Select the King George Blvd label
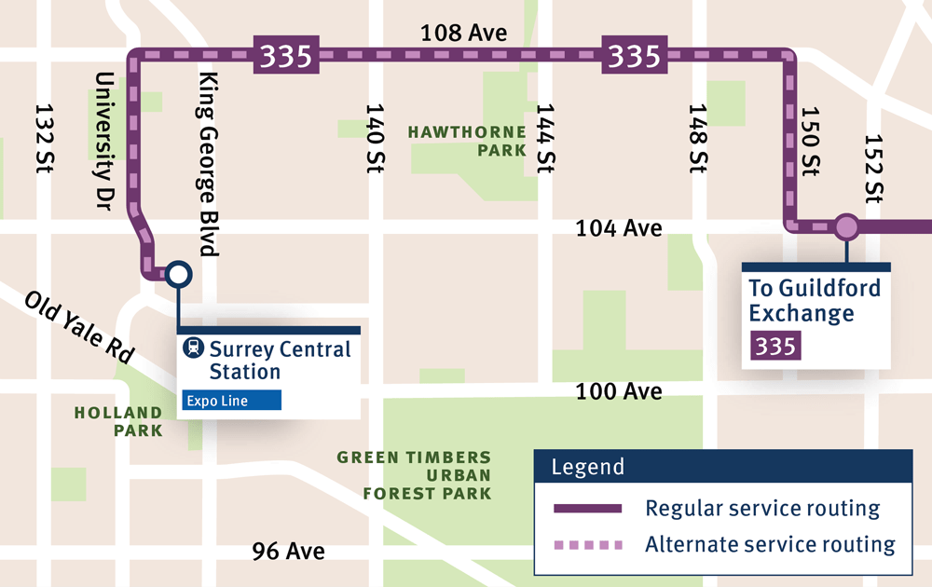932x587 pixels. pos(207,164)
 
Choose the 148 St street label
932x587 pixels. pos(699,139)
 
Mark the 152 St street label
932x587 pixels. pos(873,169)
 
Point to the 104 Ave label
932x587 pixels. pos(619,227)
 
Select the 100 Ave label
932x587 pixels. pos(619,391)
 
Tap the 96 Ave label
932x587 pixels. pos(289,552)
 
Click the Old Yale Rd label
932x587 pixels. pos(79,327)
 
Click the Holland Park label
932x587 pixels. pos(118,421)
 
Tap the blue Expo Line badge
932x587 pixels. pos(231,400)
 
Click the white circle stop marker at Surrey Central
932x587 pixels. pos(178,274)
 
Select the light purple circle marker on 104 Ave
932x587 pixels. pos(846,226)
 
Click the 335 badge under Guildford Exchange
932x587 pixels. pos(775,347)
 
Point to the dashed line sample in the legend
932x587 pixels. pos(587,544)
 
